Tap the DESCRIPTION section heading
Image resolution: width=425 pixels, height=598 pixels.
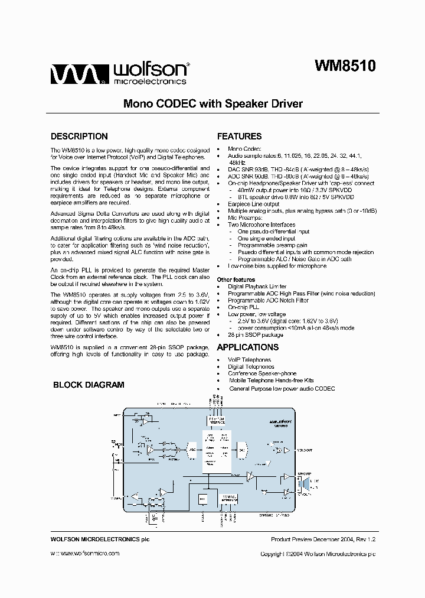pos(79,136)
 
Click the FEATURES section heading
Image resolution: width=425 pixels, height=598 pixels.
pos(239,136)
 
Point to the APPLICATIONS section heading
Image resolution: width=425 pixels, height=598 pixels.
pos(247,347)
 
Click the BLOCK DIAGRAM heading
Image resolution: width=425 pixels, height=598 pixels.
pos(89,385)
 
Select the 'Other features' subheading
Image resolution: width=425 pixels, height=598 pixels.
pos(236,279)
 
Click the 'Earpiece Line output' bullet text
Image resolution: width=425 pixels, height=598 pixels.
pos(254,204)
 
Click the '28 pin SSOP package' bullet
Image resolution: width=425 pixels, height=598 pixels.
pos(256,335)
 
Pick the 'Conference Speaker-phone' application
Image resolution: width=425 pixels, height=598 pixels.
pos(262,373)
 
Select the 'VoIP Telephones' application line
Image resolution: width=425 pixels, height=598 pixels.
pos(249,359)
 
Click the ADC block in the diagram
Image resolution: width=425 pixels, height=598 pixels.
pos(192,449)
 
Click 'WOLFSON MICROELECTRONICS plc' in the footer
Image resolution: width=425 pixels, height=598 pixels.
pos(96,539)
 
